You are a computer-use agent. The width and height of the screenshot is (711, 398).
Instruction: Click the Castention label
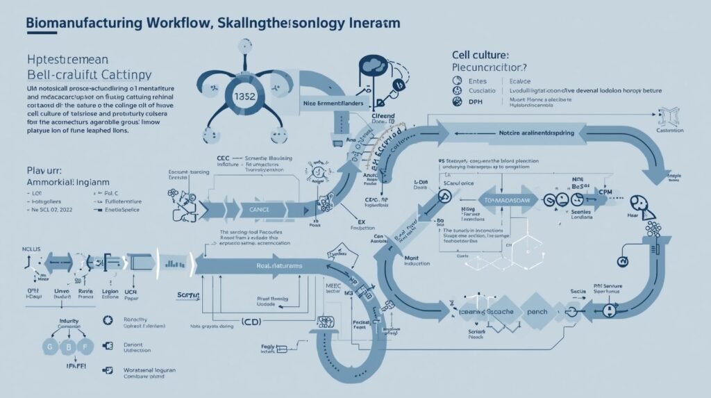(x=669, y=130)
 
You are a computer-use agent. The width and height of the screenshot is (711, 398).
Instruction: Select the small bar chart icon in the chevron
(x=174, y=263)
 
